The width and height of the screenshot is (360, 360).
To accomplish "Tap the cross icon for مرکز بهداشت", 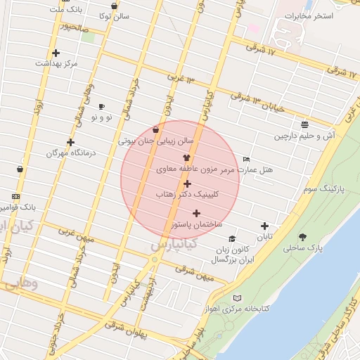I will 56,53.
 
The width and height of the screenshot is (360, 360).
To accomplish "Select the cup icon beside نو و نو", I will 102,107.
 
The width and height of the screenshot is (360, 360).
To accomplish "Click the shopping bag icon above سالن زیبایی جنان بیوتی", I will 155,129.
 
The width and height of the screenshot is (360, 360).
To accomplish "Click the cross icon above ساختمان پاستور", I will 196,213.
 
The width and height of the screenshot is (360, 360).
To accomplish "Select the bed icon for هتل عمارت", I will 245,160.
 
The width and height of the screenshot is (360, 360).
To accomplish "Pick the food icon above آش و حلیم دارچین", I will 304,125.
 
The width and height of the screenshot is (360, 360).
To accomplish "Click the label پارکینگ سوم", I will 321,190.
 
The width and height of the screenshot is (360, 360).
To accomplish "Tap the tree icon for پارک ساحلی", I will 303,237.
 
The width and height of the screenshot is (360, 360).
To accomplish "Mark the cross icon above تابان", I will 264,226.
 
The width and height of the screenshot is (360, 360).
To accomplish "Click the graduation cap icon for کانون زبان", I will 233,239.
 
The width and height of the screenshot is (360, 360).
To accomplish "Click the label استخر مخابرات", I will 312,15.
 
